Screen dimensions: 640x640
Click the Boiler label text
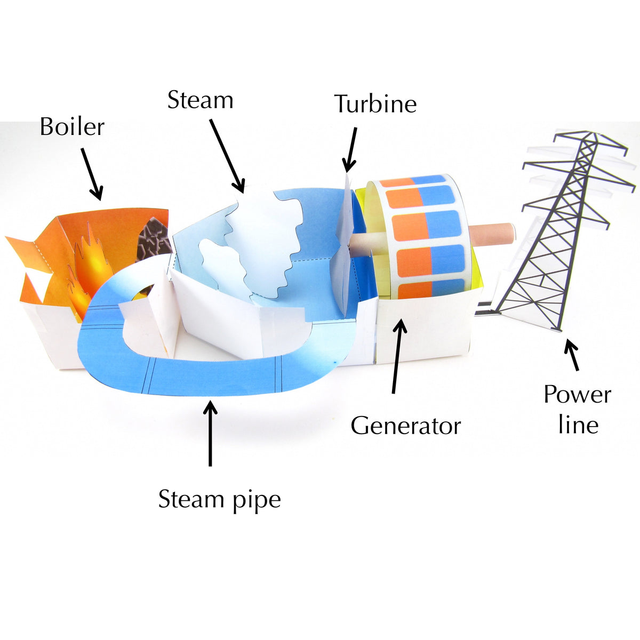point(72,126)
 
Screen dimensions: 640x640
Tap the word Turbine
point(375,103)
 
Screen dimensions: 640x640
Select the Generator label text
point(405,426)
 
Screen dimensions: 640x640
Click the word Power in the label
point(577,395)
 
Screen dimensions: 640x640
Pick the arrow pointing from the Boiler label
point(92,174)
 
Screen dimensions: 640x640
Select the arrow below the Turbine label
point(350,150)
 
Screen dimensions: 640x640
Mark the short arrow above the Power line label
point(573,355)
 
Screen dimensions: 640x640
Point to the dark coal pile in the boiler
point(154,239)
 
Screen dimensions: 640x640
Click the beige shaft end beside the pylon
point(493,236)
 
